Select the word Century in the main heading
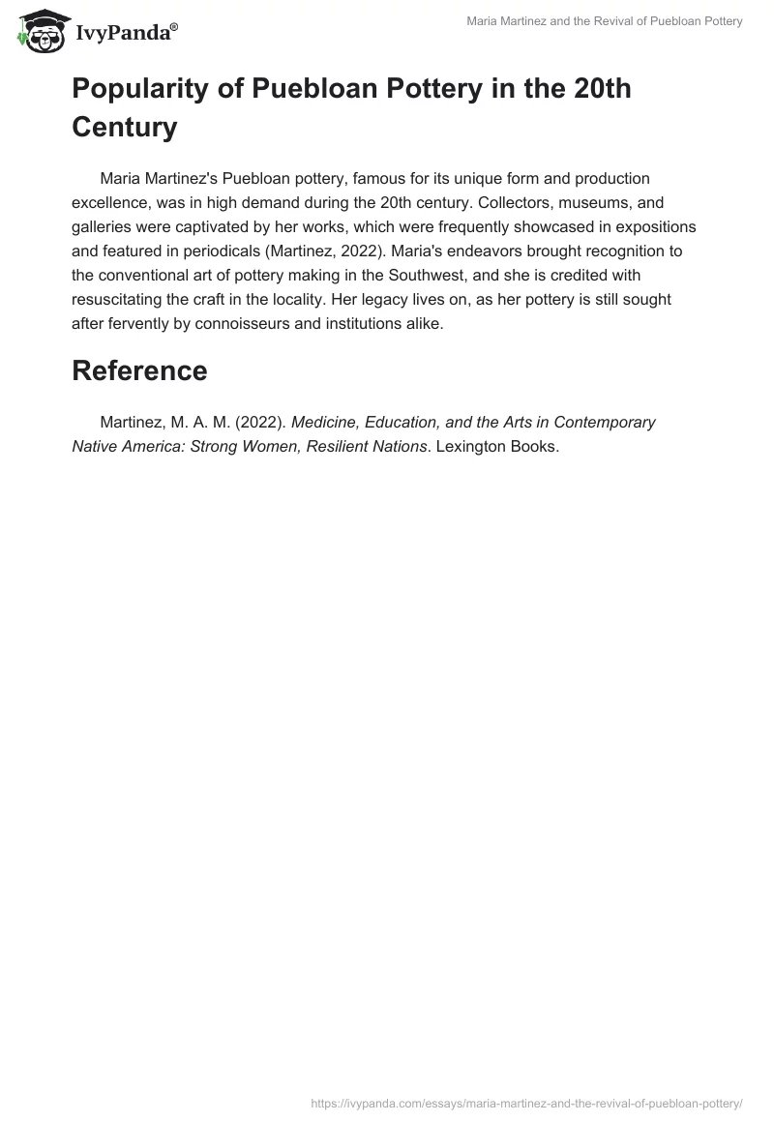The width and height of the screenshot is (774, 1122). pyautogui.click(x=125, y=127)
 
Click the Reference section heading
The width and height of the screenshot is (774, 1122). pyautogui.click(x=139, y=370)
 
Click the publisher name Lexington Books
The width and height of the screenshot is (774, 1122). pyautogui.click(x=495, y=447)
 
